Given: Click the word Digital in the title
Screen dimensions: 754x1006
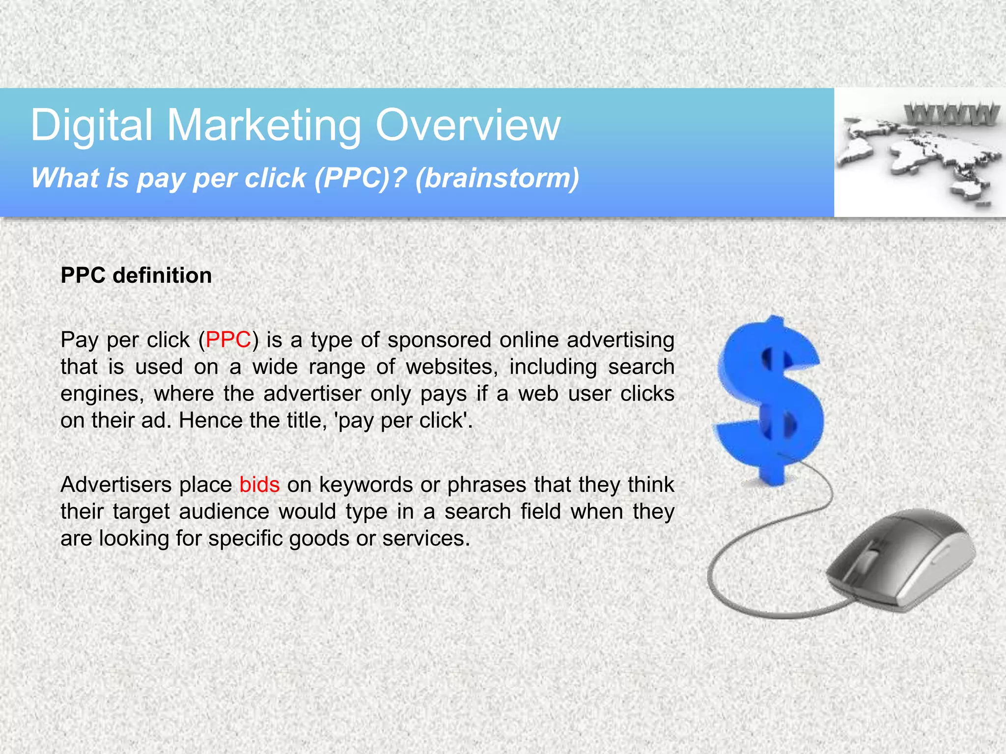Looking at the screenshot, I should coord(91,126).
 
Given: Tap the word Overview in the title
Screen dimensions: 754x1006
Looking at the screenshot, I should coord(468,126).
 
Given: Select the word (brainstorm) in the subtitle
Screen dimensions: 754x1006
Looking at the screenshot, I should coord(497,178).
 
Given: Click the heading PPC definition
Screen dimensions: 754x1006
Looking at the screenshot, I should coord(136,275).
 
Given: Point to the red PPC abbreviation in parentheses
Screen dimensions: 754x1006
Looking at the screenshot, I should coord(228,340).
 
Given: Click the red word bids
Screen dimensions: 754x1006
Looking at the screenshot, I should coord(259,485).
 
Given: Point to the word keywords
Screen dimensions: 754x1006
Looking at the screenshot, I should coord(366,485).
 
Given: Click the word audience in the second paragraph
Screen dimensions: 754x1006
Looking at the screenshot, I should coord(224,512).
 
